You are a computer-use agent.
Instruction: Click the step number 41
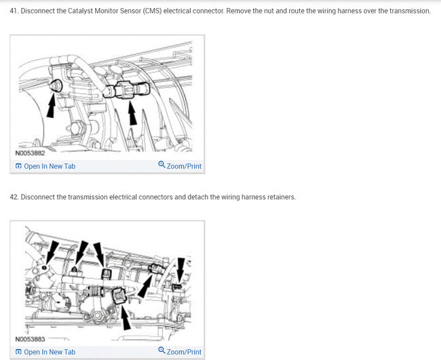(14, 11)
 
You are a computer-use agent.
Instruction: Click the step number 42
(14, 197)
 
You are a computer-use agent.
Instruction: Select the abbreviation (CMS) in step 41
(152, 11)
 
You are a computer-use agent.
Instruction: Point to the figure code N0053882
(30, 153)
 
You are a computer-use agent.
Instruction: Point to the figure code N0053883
(30, 339)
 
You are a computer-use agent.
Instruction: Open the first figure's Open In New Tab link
(45, 166)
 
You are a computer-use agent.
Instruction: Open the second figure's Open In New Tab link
(45, 352)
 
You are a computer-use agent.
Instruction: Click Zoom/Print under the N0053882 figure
(184, 166)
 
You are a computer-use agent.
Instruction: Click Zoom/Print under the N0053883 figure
(184, 352)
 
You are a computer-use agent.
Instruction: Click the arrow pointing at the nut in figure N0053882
(51, 106)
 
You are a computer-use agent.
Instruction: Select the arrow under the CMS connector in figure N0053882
(132, 113)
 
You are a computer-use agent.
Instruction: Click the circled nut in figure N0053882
(56, 85)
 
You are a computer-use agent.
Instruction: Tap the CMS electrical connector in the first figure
(127, 90)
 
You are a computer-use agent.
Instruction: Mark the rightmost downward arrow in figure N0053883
(181, 271)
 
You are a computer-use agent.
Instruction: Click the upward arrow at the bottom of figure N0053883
(126, 317)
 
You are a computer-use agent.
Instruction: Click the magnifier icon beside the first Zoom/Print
(161, 164)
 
